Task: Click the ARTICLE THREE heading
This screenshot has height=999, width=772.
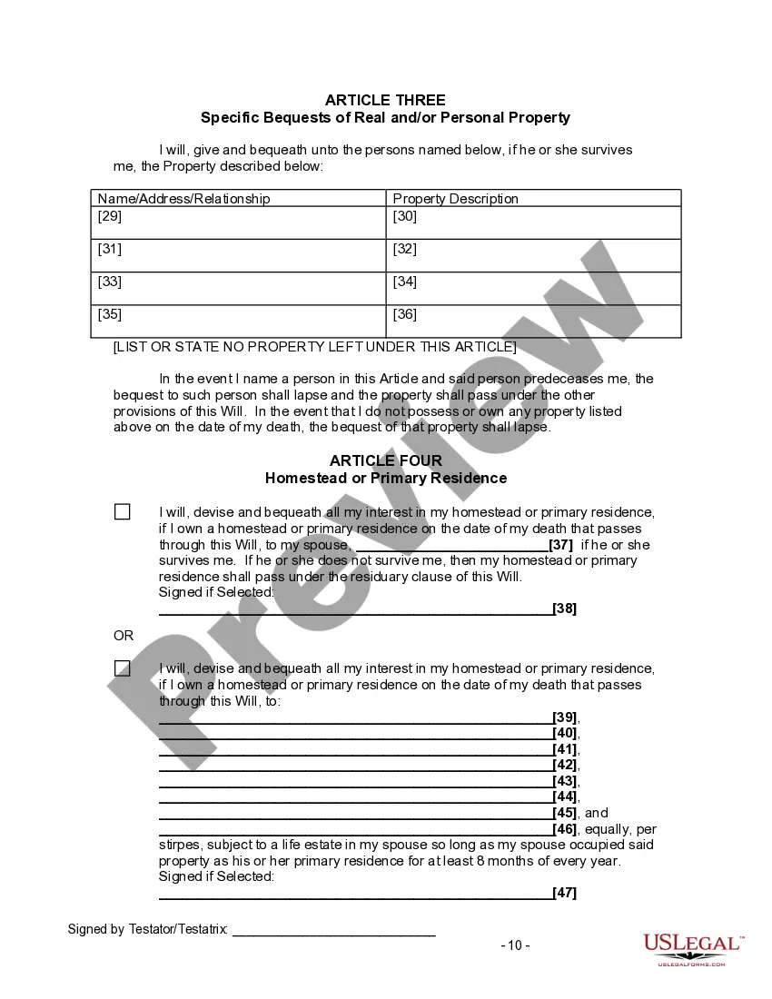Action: click(x=385, y=100)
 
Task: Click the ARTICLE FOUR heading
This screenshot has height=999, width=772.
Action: click(x=385, y=461)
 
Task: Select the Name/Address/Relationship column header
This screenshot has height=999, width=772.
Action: click(x=184, y=198)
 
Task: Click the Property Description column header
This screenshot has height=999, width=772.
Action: click(x=455, y=198)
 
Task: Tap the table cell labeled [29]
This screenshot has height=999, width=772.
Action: click(x=239, y=223)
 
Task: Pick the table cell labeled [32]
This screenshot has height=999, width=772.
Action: click(x=533, y=255)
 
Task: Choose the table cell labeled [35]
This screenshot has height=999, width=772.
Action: click(x=239, y=321)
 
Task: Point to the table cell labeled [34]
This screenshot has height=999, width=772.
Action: click(x=533, y=288)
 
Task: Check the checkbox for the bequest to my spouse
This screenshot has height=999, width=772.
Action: click(x=123, y=512)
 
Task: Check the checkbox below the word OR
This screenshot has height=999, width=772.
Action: click(x=123, y=668)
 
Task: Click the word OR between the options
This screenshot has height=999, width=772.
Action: click(x=124, y=636)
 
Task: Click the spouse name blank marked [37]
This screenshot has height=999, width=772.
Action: click(x=450, y=547)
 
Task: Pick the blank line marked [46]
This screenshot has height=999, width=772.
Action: click(x=355, y=830)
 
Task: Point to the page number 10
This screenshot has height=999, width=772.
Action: click(x=515, y=945)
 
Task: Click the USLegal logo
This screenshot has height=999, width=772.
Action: click(x=692, y=949)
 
